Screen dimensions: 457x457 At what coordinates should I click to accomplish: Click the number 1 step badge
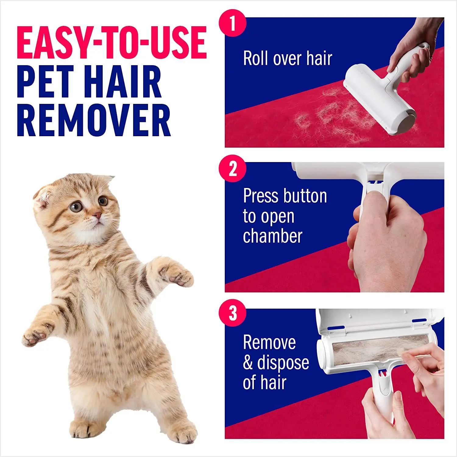point(233,23)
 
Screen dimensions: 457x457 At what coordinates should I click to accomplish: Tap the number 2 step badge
point(233,168)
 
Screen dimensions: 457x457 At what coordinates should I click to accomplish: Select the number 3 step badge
point(233,313)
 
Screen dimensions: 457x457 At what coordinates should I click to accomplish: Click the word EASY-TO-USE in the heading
point(112,42)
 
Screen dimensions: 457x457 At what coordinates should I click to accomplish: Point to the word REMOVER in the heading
point(94,120)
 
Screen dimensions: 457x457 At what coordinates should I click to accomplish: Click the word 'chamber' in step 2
point(272,236)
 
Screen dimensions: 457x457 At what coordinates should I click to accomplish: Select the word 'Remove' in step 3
point(269,342)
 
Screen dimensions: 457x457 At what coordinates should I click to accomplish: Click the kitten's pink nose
point(97,215)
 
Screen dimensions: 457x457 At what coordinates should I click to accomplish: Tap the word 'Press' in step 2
point(259,196)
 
